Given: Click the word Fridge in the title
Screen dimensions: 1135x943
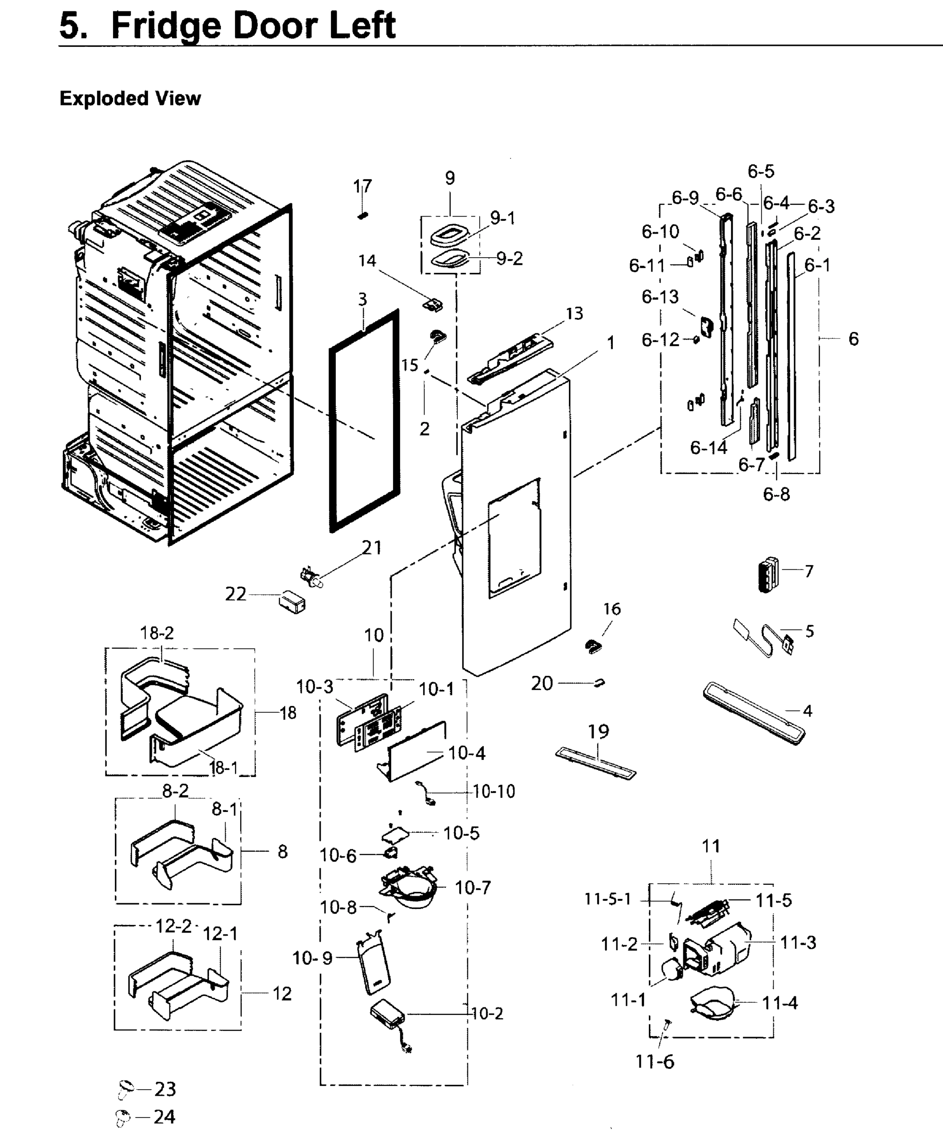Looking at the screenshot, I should tap(165, 26).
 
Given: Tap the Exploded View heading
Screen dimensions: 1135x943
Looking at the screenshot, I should tap(130, 98).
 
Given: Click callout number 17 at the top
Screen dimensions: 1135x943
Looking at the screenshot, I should tap(363, 186).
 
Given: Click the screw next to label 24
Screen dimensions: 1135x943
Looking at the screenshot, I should tap(123, 1117).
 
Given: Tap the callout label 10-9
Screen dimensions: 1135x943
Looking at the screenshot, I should tap(312, 958).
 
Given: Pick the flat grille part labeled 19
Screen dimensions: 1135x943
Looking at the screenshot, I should tap(596, 763).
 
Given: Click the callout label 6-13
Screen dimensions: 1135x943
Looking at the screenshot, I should tap(660, 297).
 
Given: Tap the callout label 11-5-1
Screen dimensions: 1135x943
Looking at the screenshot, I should tap(607, 899).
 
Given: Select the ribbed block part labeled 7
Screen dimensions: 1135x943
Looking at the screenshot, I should tap(768, 575).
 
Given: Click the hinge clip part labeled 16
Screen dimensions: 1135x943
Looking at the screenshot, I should tap(594, 646).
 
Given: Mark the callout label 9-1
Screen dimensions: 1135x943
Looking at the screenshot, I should tap(503, 218).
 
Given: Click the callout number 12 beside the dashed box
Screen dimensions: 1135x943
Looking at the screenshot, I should tap(282, 994).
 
